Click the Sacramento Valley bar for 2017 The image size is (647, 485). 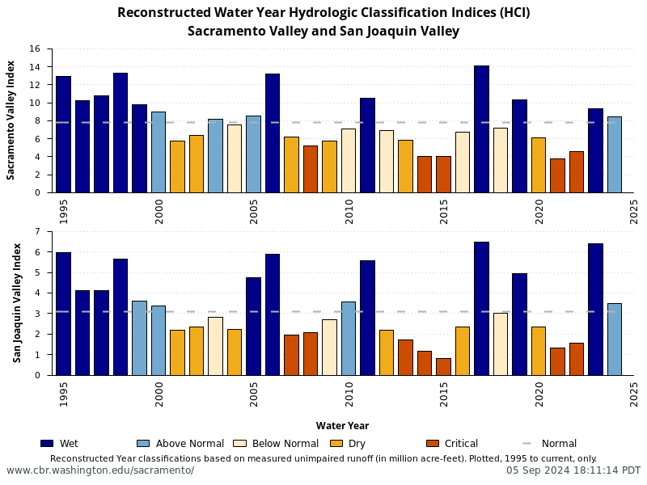(x=481, y=129)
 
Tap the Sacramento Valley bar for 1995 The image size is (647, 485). (x=63, y=134)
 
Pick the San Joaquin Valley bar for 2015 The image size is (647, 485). (x=443, y=366)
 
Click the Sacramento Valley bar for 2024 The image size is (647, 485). (x=615, y=154)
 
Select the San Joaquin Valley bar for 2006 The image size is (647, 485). (x=273, y=314)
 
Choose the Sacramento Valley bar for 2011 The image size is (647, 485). (x=367, y=145)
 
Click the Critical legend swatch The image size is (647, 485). (x=432, y=443)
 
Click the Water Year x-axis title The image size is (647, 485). (x=342, y=426)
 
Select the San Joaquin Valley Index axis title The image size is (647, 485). (x=16, y=303)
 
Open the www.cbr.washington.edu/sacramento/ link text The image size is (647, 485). (x=100, y=470)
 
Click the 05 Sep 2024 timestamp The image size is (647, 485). (x=573, y=470)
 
